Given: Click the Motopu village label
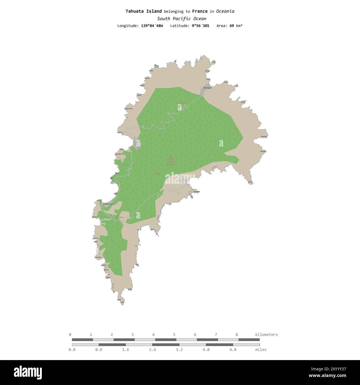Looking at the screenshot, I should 207,88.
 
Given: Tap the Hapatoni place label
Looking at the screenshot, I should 108,204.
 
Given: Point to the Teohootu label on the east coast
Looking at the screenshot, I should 263,136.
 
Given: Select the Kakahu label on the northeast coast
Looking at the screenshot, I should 243,102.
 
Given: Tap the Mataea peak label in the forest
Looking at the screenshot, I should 158,174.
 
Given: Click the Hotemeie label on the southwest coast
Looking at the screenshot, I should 98,257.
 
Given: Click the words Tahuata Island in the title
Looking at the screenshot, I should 143,11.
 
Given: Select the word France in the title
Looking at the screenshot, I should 200,11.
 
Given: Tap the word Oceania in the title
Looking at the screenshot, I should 225,11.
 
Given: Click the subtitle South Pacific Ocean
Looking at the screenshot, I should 182,19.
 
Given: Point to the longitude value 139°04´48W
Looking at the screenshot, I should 152,26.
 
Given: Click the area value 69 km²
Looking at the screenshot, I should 236,26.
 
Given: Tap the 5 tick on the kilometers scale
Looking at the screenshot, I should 174,335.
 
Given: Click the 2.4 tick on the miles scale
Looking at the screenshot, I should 152,350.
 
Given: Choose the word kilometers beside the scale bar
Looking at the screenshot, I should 266,335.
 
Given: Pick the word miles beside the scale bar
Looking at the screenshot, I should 261,350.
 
